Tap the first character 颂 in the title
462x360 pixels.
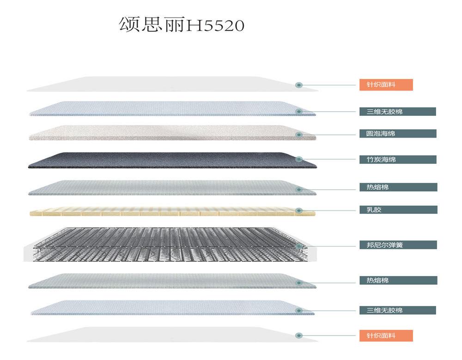click(x=129, y=25)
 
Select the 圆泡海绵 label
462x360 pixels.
click(x=398, y=133)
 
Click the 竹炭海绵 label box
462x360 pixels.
click(x=398, y=160)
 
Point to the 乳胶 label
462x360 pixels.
click(x=398, y=210)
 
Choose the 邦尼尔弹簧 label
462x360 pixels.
click(x=398, y=245)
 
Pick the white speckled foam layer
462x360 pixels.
click(x=171, y=132)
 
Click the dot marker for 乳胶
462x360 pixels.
click(x=299, y=210)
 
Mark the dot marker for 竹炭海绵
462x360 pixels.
click(x=299, y=159)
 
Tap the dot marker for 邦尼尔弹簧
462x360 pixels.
click(x=299, y=246)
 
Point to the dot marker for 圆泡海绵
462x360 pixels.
click(x=299, y=135)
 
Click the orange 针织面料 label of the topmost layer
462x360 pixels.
click(x=386, y=85)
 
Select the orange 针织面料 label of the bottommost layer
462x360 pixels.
click(x=386, y=336)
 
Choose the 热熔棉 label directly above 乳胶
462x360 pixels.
click(x=398, y=187)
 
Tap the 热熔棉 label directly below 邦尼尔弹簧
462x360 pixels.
click(x=398, y=280)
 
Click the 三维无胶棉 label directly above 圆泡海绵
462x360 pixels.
click(x=397, y=111)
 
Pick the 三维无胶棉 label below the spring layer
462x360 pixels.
click(x=397, y=310)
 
